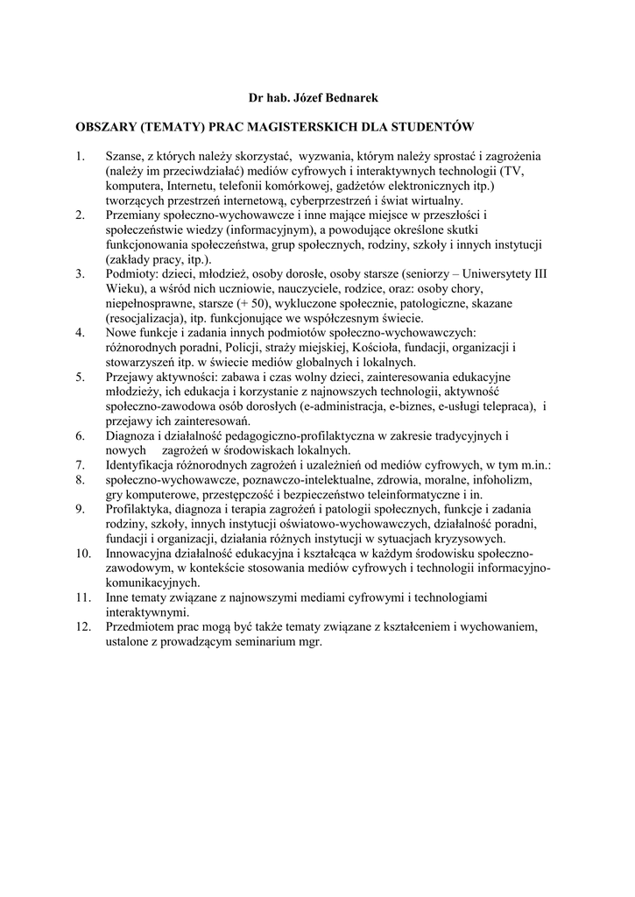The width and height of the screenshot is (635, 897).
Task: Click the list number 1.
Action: [x=80, y=158]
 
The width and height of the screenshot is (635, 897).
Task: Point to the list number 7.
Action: [x=80, y=465]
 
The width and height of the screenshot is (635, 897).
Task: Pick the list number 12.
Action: [x=83, y=627]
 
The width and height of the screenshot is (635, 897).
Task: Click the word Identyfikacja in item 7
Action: [x=145, y=465]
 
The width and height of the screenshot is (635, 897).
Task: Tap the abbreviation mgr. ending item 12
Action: [x=308, y=642]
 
